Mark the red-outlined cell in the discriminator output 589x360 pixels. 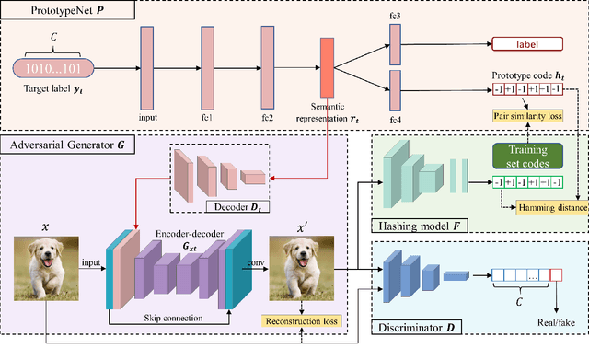pos(555,274)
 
